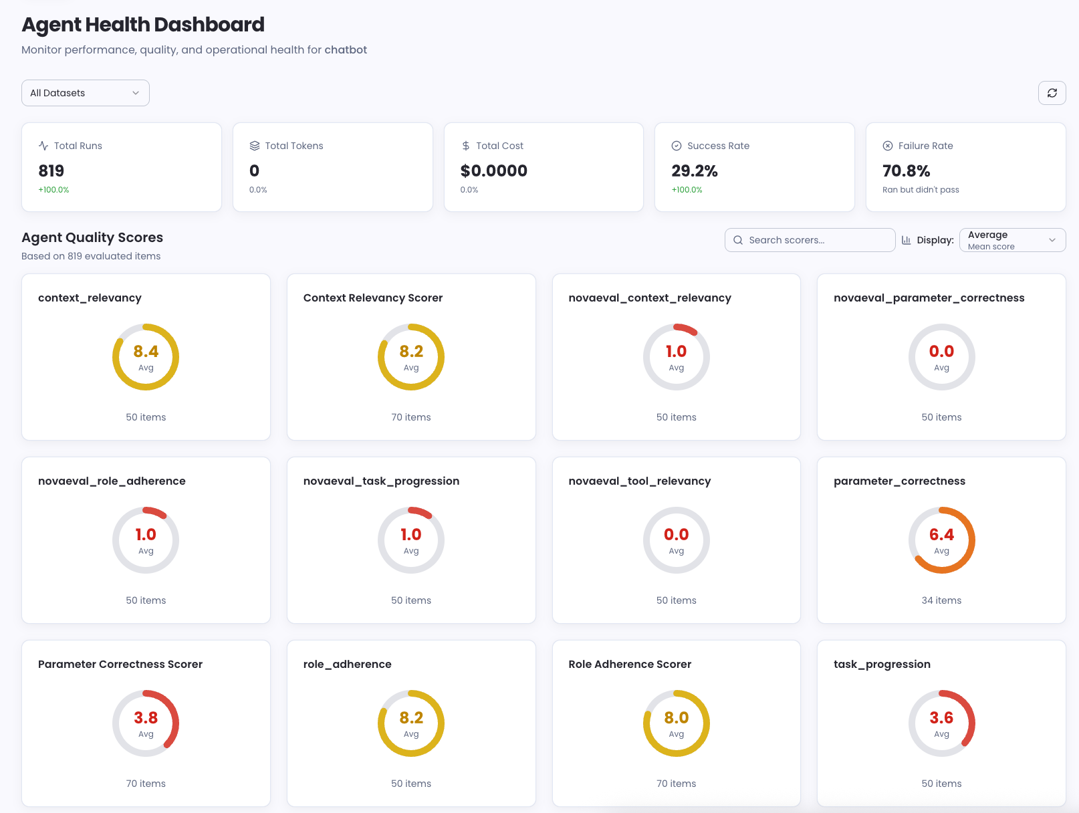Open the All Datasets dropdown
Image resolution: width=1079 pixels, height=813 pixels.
pos(85,93)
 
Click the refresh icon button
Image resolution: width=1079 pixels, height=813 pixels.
pos(1052,93)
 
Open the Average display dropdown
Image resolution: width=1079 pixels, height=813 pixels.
pos(1012,240)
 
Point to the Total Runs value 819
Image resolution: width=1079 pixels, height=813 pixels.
pos(51,171)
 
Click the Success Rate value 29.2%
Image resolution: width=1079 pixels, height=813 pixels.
pos(695,171)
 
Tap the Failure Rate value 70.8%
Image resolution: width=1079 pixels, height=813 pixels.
pos(906,171)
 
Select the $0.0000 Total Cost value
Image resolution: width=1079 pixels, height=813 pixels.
pos(493,171)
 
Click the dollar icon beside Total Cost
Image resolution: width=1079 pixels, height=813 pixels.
pos(466,146)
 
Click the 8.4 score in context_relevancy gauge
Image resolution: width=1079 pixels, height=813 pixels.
pos(146,352)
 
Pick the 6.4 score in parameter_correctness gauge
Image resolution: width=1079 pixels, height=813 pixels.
pos(941,535)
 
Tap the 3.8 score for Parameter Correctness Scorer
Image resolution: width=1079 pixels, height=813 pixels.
pos(146,718)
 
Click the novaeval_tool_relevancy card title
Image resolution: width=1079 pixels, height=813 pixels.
pos(639,481)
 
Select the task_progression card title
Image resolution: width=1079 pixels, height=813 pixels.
pos(882,665)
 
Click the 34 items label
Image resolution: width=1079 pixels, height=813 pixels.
pos(941,600)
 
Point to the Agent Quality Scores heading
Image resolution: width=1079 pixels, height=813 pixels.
pos(92,237)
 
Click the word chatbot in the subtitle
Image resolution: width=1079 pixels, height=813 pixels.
pos(346,50)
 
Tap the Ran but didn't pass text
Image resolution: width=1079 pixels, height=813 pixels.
pos(921,190)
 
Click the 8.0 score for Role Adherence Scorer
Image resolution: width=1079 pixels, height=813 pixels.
pos(676,718)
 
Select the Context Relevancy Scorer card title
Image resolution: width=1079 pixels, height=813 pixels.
pos(372,298)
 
